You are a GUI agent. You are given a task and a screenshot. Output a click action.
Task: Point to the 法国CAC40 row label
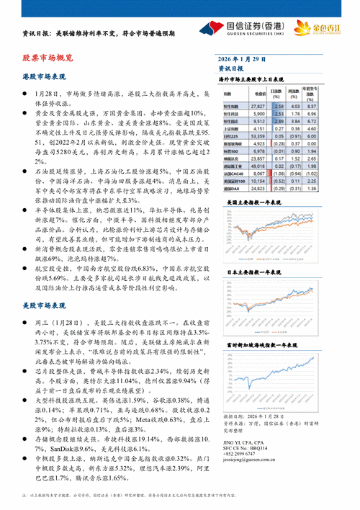[x=232, y=174]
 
